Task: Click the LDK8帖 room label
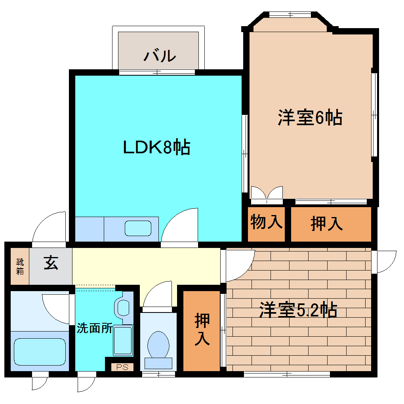pos(157,147)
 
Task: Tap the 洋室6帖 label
pos(310,118)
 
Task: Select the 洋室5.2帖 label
pos(298,310)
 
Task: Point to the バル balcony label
pos(159,56)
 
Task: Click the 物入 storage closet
pos(267,223)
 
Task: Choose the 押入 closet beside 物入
pos(327,224)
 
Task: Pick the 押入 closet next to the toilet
pos(202,330)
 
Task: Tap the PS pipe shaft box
pos(122,367)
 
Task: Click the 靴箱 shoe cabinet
pos(19,266)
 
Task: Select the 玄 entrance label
pos(51,263)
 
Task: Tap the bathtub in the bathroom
pos(39,351)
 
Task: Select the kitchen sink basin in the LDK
pos(138,229)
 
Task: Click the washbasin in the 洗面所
pos(124,307)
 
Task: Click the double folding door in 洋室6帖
pos(267,193)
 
